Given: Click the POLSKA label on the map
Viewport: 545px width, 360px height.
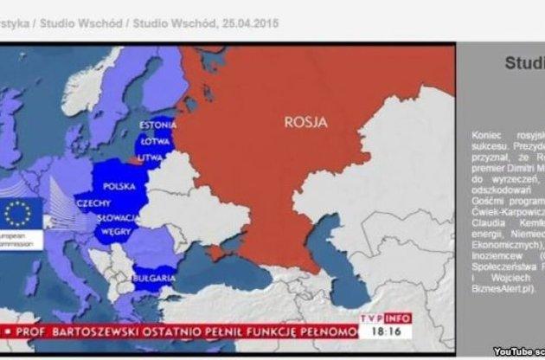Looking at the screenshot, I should click(119, 186).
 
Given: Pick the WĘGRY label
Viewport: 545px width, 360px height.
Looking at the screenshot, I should click(116, 231).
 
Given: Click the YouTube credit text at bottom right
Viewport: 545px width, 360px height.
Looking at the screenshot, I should click(519, 350).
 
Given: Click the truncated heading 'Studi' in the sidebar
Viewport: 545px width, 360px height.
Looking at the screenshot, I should click(524, 62).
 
